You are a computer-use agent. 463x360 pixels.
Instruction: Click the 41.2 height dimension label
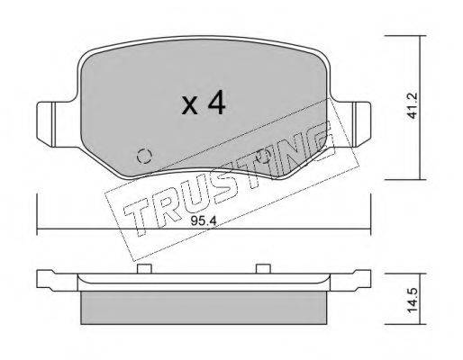pyautogui.click(x=413, y=105)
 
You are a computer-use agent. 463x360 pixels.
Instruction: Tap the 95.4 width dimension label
pyautogui.click(x=204, y=221)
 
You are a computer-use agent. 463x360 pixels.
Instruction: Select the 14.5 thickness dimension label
pyautogui.click(x=413, y=301)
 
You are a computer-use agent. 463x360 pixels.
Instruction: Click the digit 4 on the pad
pyautogui.click(x=217, y=103)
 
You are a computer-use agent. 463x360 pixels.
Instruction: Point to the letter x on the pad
pyautogui.click(x=189, y=106)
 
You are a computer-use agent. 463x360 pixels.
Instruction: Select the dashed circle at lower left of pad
pyautogui.click(x=144, y=156)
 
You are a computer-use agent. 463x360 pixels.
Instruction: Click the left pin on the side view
pyautogui.click(x=144, y=269)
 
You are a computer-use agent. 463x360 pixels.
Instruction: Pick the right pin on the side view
pyautogui.click(x=263, y=269)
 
